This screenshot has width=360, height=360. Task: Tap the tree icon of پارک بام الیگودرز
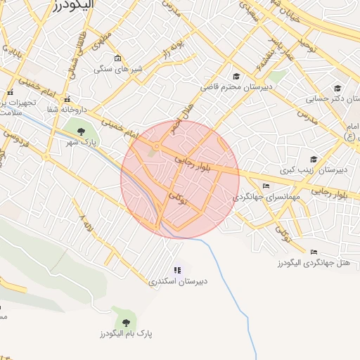point(127,323)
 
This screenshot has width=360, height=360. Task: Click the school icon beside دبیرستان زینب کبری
point(313,160)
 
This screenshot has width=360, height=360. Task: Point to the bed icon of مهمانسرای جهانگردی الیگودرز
point(265,186)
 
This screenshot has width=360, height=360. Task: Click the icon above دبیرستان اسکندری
point(177,270)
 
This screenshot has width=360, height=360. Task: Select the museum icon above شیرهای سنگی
point(117,58)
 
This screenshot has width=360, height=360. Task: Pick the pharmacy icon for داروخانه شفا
point(67,99)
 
